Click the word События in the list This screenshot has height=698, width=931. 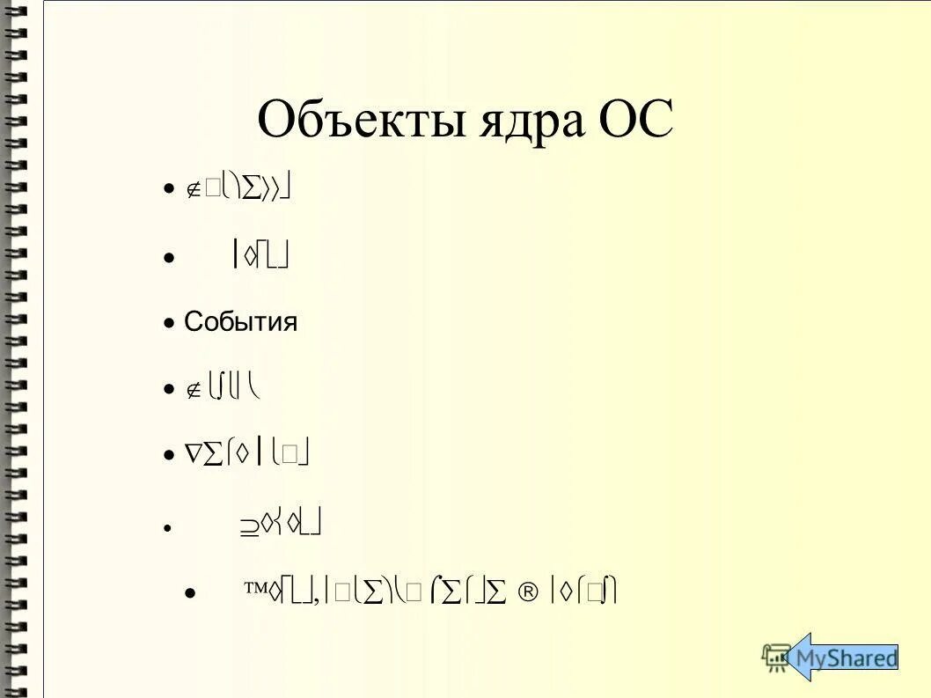click(240, 322)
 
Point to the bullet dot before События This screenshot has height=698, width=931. click(169, 323)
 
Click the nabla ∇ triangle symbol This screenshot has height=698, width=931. click(193, 454)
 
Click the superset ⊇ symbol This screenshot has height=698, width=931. click(249, 525)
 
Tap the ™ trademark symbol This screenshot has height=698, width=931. click(255, 591)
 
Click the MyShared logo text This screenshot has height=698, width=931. click(846, 658)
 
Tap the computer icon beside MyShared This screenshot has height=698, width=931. click(777, 657)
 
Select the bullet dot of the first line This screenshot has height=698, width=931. click(169, 190)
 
